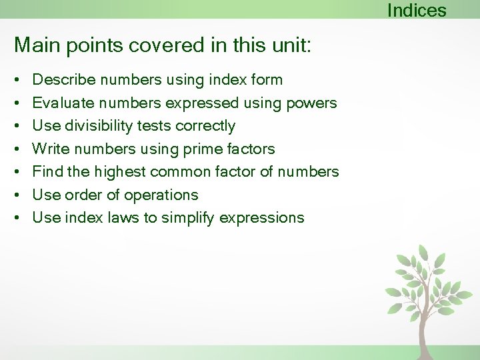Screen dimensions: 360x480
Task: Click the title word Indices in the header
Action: pyautogui.click(x=416, y=11)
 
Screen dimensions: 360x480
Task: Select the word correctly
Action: pyautogui.click(x=205, y=126)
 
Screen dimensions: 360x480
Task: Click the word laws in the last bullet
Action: pyautogui.click(x=124, y=218)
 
